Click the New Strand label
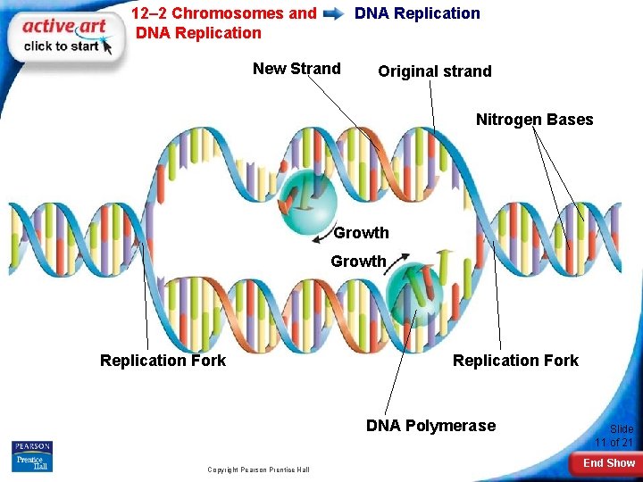296,69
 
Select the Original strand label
434,71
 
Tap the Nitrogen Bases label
534,120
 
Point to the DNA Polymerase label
430,425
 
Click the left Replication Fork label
163,361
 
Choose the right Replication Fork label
515,361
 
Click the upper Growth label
361,233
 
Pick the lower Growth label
358,262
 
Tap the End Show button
609,463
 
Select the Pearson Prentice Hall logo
32,456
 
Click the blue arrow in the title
335,14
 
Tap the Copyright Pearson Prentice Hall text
258,470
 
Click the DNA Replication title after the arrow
417,13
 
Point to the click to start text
61,46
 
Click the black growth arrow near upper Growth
321,238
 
